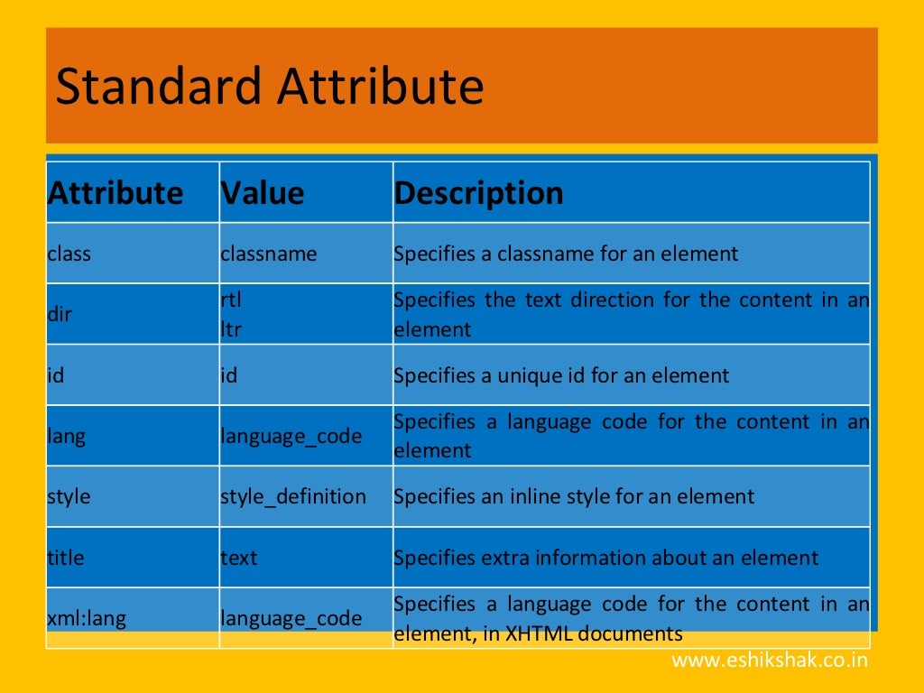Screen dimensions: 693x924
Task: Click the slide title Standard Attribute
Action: (270, 87)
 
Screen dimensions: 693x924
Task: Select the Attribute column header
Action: (115, 193)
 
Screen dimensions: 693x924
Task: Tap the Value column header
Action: (263, 193)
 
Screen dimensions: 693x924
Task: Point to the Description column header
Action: (478, 193)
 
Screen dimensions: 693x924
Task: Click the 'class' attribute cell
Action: (69, 254)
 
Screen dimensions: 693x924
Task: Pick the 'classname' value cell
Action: (269, 254)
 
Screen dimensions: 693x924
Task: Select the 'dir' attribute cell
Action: (60, 315)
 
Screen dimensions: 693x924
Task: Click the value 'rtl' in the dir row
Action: (231, 300)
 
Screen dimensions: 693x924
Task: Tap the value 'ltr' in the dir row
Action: (231, 329)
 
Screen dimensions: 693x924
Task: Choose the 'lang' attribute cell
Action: (67, 437)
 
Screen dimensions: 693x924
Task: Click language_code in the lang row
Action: (291, 437)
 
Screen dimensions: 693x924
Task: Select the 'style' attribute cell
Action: (69, 496)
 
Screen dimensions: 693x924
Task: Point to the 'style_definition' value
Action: (293, 496)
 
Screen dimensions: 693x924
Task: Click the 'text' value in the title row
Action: (239, 558)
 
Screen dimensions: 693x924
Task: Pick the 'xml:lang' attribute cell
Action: (87, 619)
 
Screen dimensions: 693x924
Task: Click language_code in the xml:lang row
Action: (291, 619)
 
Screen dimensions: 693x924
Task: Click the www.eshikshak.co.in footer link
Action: (770, 661)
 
